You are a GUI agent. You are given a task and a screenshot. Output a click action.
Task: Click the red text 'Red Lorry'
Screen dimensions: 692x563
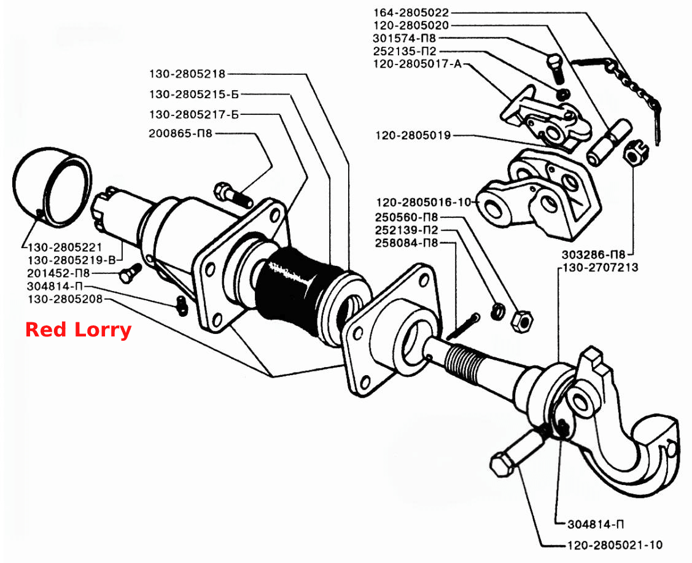coord(78,330)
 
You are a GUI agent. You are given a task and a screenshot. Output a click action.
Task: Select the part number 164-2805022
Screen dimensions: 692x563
coord(411,13)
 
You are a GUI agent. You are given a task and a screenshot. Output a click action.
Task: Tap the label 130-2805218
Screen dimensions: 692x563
coord(187,74)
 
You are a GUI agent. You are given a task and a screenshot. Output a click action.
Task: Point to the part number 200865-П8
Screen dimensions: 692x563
coord(181,133)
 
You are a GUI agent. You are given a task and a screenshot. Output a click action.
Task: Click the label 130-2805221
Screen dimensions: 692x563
coord(65,247)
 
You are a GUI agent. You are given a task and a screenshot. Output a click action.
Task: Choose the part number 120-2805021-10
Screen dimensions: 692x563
coord(615,545)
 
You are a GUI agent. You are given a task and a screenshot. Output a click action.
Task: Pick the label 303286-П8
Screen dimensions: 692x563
coord(594,255)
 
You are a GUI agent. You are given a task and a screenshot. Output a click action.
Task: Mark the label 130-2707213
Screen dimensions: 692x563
coord(601,268)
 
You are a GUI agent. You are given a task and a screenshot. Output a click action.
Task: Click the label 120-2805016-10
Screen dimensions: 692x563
coord(424,203)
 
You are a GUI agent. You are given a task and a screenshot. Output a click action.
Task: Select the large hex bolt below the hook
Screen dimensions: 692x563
coord(516,452)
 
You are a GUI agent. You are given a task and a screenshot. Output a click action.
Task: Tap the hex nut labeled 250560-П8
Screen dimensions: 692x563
coord(521,320)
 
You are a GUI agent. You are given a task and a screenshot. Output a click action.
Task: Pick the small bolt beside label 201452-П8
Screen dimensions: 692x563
coord(130,273)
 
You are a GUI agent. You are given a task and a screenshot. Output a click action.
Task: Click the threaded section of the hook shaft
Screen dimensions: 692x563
coord(461,361)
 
